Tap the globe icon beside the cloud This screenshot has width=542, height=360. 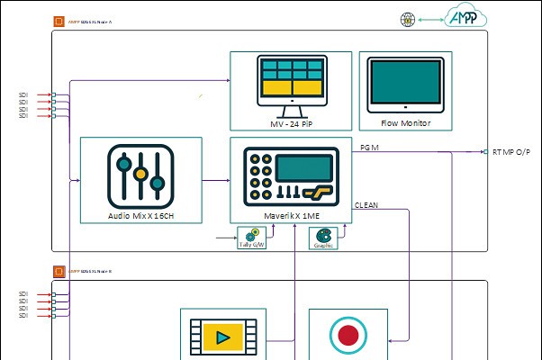pos(407,18)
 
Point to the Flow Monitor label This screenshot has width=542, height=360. pos(405,123)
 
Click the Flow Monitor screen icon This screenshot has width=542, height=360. pos(405,85)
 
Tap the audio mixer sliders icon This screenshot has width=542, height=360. pos(140,173)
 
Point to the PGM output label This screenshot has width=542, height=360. pos(369,146)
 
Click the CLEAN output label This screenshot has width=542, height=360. pos(366,205)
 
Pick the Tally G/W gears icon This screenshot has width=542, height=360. pos(251,236)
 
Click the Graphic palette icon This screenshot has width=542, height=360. pos(322,236)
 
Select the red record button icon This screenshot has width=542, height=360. pos(348,336)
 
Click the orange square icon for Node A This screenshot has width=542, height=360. pos(59,20)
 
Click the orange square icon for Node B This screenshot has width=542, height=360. pos(59,270)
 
